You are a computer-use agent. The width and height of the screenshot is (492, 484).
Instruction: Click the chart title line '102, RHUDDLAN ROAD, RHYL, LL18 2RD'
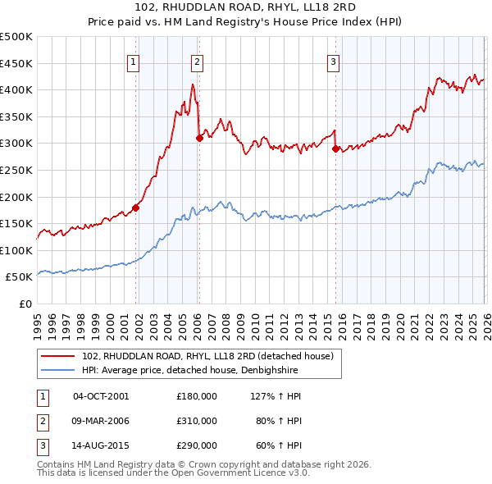point(246,7)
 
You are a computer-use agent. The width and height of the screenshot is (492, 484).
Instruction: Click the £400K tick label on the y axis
point(16,90)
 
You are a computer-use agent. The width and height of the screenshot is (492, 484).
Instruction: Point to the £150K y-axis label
point(16,224)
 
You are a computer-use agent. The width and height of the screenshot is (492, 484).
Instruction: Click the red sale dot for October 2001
point(135,208)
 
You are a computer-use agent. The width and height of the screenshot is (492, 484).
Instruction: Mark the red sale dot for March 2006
point(199,139)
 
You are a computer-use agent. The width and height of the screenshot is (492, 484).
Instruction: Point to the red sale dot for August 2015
point(335,149)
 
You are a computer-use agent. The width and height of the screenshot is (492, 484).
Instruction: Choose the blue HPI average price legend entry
point(189,370)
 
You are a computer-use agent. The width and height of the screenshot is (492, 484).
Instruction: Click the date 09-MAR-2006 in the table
point(101,421)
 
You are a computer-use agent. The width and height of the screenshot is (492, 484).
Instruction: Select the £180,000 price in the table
point(197,395)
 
